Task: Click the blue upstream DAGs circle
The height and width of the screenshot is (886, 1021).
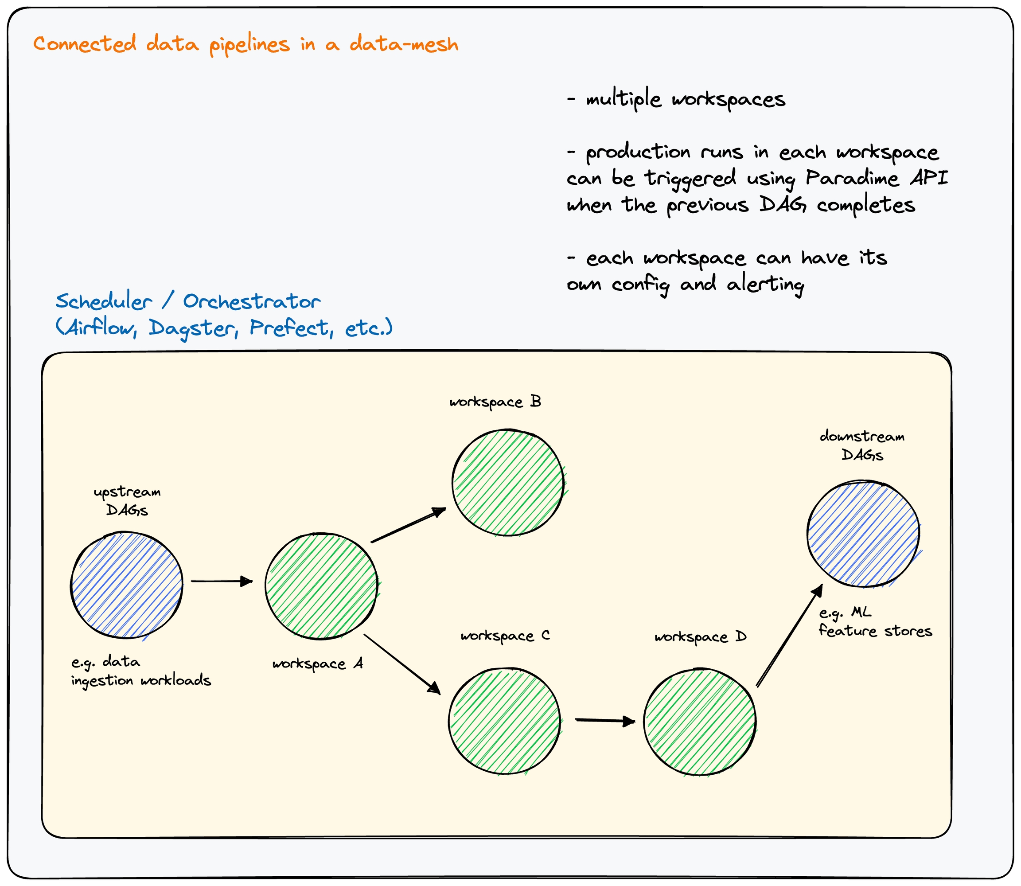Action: (x=127, y=585)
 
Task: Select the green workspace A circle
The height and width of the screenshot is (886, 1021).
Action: (x=321, y=586)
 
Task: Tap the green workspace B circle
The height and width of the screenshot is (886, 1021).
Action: (x=508, y=482)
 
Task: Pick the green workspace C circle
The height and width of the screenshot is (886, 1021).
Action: (x=505, y=720)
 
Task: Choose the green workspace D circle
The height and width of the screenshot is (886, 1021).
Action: (x=700, y=722)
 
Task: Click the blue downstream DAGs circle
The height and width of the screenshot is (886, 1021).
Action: (x=863, y=534)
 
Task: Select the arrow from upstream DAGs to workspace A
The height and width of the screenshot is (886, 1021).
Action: (x=222, y=581)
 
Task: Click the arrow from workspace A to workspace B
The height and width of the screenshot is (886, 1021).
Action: (x=408, y=525)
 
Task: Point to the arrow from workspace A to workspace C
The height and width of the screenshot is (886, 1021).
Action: (x=401, y=664)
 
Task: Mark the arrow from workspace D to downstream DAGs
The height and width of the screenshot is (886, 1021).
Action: (x=789, y=636)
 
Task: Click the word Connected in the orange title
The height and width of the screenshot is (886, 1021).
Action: (x=85, y=44)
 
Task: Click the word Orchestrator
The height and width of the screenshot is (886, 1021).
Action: (x=252, y=301)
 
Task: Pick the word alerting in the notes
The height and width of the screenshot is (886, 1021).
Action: (x=765, y=284)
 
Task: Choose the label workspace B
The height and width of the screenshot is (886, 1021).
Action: (x=495, y=402)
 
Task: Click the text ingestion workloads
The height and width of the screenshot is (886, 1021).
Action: (x=141, y=681)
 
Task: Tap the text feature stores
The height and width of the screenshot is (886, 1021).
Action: (x=875, y=632)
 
